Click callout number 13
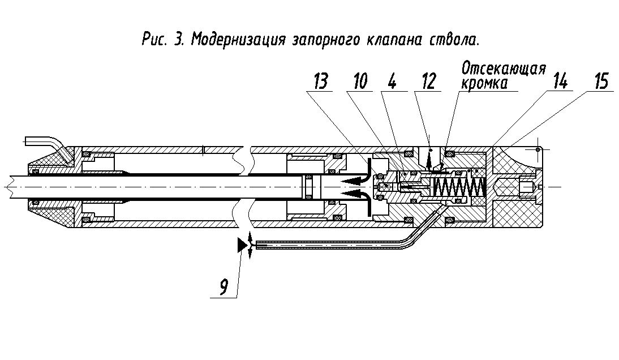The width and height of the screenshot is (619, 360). (321, 82)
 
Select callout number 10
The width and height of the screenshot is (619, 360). (360, 82)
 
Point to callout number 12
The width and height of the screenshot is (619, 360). (429, 82)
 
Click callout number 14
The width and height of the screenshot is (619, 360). (561, 82)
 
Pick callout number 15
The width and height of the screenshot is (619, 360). (601, 82)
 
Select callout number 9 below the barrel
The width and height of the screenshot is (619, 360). (223, 286)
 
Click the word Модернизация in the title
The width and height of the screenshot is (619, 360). (238, 40)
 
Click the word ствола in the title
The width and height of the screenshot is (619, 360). (453, 40)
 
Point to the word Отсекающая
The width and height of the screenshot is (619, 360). (504, 69)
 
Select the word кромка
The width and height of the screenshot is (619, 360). (484, 84)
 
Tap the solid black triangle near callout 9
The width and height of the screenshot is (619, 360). (241, 245)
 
